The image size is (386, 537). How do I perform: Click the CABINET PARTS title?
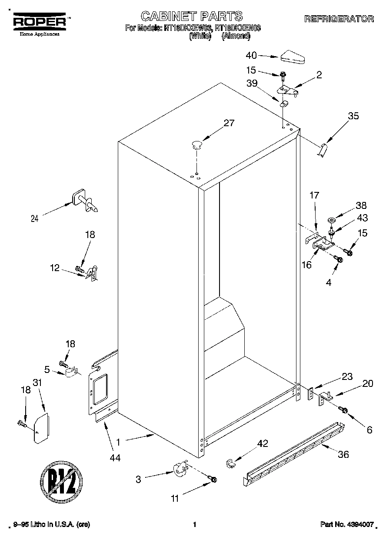pos(192,16)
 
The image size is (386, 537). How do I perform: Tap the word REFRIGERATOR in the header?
pos(339,19)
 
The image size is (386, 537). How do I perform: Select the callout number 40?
pos(252,55)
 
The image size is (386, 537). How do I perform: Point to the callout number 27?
pos(228,123)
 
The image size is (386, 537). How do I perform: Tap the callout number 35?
pos(353,116)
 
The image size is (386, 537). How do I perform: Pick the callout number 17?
pos(314,196)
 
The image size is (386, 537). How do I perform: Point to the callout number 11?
pos(175,499)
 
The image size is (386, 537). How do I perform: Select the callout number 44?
pos(115,457)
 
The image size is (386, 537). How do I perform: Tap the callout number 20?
pos(368,383)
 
